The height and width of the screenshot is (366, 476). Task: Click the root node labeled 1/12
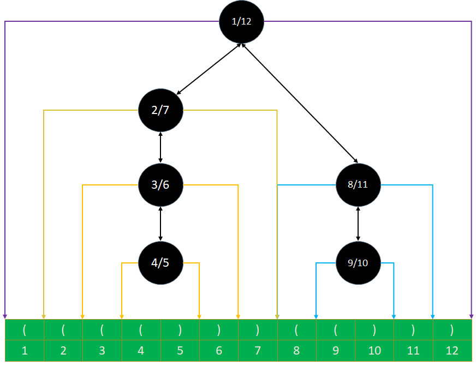[x=241, y=22]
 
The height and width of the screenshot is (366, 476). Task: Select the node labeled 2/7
[x=160, y=110]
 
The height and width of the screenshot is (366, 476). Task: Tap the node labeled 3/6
[x=160, y=185]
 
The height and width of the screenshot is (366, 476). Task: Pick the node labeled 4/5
[x=160, y=263]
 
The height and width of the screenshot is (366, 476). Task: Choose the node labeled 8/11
[x=358, y=185]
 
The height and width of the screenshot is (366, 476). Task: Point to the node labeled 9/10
[x=358, y=263]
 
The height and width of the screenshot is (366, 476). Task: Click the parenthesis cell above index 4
[x=141, y=330]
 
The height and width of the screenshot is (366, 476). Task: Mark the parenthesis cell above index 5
[x=180, y=330]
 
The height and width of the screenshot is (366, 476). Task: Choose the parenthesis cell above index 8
[x=296, y=330]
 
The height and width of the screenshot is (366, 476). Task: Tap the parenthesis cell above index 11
[x=413, y=330]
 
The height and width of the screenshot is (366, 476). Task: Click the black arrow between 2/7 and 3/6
[x=160, y=147]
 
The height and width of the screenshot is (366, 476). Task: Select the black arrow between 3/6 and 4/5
[x=160, y=224]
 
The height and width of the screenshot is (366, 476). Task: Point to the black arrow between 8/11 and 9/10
[x=358, y=224]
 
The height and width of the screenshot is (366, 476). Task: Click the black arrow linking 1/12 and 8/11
[x=300, y=103]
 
